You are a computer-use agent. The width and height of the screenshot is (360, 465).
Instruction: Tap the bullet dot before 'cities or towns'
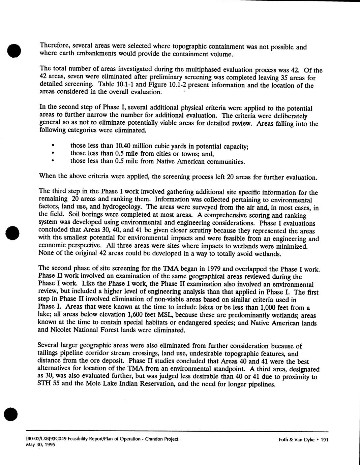[x=52, y=153]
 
